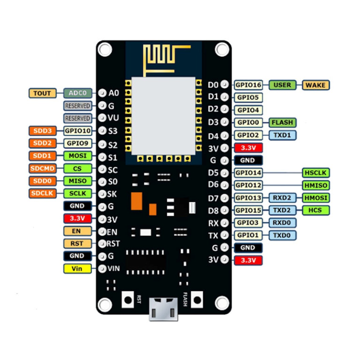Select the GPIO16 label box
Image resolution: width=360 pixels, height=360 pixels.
tap(248, 85)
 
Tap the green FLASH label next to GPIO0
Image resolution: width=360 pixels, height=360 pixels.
tap(282, 122)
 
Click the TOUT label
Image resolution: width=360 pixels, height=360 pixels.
tap(42, 93)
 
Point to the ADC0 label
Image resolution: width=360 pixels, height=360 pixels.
tap(77, 93)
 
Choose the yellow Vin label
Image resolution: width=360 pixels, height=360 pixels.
tap(77, 268)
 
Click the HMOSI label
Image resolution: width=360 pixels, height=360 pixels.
tap(316, 197)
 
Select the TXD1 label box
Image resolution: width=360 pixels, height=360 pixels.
tap(282, 135)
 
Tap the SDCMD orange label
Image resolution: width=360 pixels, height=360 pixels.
tap(42, 168)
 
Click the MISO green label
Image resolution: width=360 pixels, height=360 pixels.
tap(77, 181)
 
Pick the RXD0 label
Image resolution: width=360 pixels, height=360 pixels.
tap(282, 223)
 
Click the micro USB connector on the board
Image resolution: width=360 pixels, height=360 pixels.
tap(163, 309)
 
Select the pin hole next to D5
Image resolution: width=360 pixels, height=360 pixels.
tap(224, 173)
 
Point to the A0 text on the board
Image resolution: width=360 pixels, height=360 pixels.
tap(114, 93)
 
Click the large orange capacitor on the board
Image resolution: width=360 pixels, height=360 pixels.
tap(136, 201)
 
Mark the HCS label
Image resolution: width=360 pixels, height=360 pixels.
tap(316, 210)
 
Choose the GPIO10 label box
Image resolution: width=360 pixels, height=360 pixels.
tap(77, 131)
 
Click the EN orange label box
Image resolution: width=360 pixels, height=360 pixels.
tap(77, 231)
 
